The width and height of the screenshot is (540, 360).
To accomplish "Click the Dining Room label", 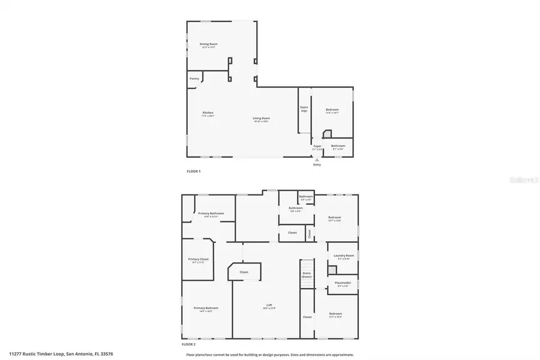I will click(208, 44).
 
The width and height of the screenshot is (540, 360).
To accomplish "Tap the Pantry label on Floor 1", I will click(194, 79).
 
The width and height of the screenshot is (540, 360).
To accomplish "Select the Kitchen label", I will click(208, 113).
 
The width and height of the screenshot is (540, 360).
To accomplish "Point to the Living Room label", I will click(261, 119).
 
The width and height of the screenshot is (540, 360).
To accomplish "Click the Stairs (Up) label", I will click(304, 109).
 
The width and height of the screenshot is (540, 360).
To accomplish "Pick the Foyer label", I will click(317, 146).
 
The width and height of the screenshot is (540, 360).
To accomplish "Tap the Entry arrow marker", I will click(317, 160).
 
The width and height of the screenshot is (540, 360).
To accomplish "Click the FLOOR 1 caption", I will click(193, 171).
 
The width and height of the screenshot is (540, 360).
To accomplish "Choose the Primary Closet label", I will click(197, 260).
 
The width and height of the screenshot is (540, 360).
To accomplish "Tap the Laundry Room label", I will click(344, 256).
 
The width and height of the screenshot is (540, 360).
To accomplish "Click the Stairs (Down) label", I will click(307, 275).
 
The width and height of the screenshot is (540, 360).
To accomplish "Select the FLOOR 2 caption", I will click(188, 344).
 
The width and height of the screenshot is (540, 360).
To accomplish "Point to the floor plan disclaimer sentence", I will click(269, 354).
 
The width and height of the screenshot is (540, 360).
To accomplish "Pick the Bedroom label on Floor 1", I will click(332, 110).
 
